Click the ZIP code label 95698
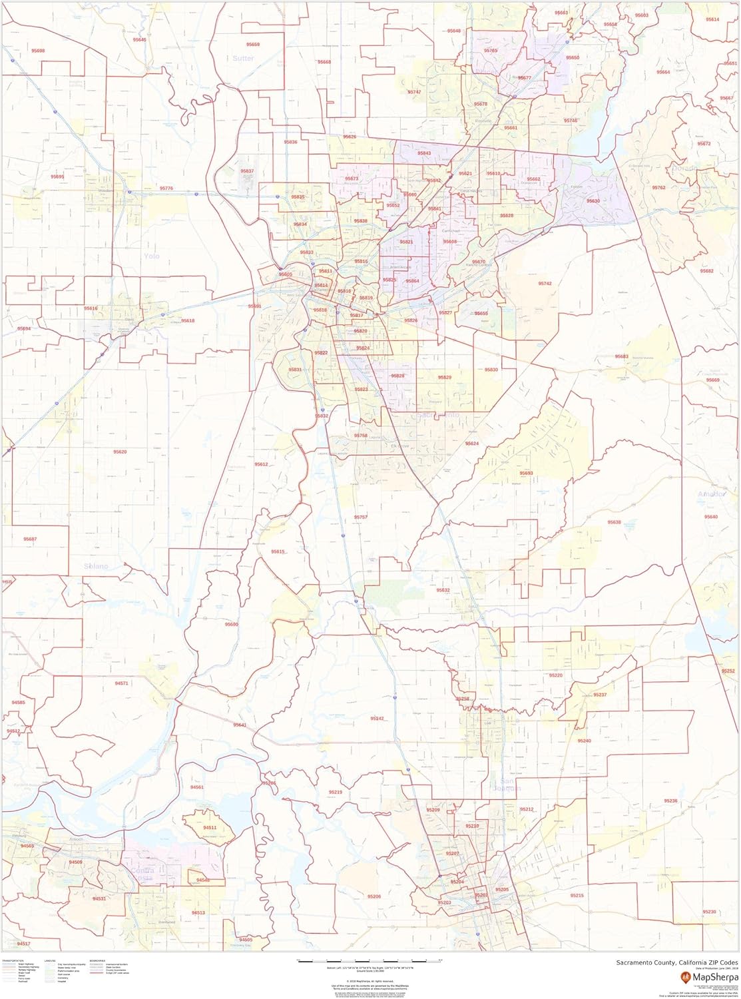pyautogui.click(x=38, y=51)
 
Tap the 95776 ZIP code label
pyautogui.click(x=166, y=188)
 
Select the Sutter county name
pyautogui.click(x=244, y=59)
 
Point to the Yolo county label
pyautogui.click(x=151, y=256)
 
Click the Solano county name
pyautogui.click(x=96, y=566)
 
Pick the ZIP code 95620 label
pyautogui.click(x=120, y=452)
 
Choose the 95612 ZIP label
pyautogui.click(x=261, y=465)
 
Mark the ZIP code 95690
pyautogui.click(x=231, y=624)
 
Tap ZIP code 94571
pyautogui.click(x=121, y=683)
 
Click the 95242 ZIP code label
pyautogui.click(x=377, y=719)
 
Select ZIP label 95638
pyautogui.click(x=614, y=522)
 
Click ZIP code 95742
pyautogui.click(x=545, y=283)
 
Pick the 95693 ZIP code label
pyautogui.click(x=527, y=473)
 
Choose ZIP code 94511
pyautogui.click(x=210, y=827)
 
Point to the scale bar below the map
pyautogui.click(x=370, y=960)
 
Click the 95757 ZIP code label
pyautogui.click(x=361, y=517)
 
